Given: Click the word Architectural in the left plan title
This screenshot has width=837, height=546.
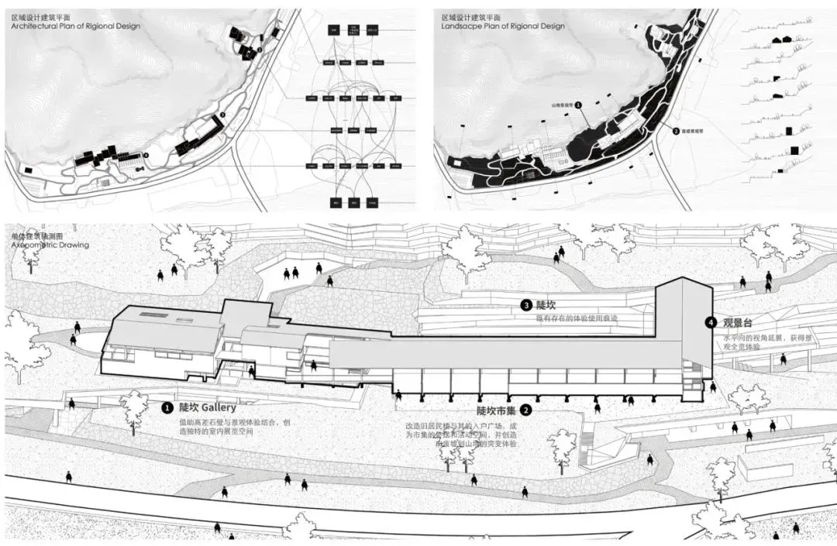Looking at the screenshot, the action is [x=36, y=26].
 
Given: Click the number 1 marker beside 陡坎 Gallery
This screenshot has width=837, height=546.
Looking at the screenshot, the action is [x=167, y=407].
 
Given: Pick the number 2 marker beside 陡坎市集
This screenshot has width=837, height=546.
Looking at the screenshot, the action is [x=526, y=410].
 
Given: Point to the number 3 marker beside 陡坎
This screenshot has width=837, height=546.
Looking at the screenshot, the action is [x=525, y=306].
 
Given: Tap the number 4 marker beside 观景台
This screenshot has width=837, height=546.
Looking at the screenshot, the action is [x=710, y=322].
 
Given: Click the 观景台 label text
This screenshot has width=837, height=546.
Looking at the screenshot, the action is [x=738, y=322].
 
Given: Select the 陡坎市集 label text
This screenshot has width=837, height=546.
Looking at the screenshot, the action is [x=497, y=410].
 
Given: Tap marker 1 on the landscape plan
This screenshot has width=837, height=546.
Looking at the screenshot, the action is [x=578, y=103].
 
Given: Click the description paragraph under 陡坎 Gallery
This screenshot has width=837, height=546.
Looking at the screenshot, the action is [x=226, y=427].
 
